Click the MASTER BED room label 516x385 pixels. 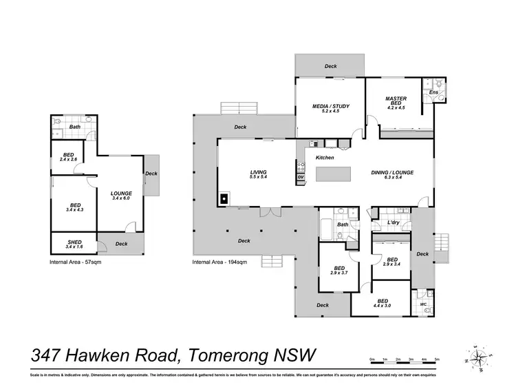pyautogui.click(x=397, y=101)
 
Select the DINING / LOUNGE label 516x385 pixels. pyautogui.click(x=391, y=172)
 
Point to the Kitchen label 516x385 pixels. pyautogui.click(x=325, y=158)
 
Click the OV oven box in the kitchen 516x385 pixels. pyautogui.click(x=301, y=178)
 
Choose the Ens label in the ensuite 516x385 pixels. pyautogui.click(x=433, y=92)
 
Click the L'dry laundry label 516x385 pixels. pyautogui.click(x=394, y=222)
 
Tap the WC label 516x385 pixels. pyautogui.click(x=423, y=304)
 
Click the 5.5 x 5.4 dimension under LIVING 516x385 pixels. pyautogui.click(x=258, y=178)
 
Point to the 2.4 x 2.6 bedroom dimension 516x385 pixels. pyautogui.click(x=68, y=160)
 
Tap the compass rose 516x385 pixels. pyautogui.click(x=480, y=356)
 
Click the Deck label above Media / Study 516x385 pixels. pyautogui.click(x=331, y=66)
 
